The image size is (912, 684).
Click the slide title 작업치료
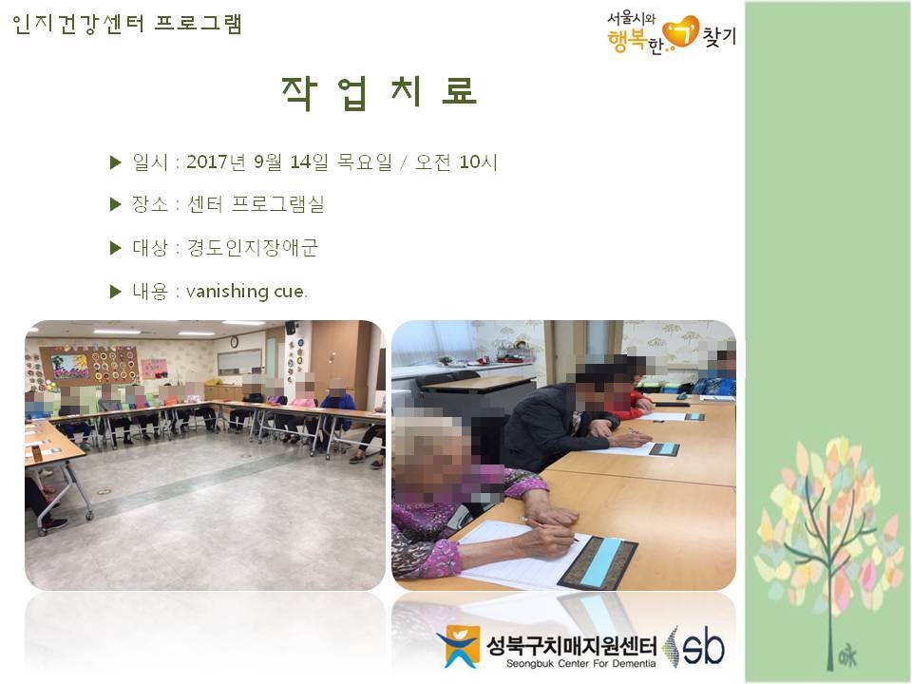379,92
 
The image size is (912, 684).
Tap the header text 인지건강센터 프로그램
126,24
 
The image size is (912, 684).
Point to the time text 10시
478,161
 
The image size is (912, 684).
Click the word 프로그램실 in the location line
278,203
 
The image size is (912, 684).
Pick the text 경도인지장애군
252,247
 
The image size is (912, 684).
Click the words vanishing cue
246,291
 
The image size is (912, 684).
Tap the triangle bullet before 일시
115,162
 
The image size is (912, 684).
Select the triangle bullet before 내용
115,292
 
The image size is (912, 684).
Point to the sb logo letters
704,645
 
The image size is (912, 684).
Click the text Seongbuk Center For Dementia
580,664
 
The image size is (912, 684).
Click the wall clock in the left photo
234,342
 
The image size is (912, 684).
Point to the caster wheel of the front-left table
89,514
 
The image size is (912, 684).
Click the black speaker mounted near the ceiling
291,328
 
